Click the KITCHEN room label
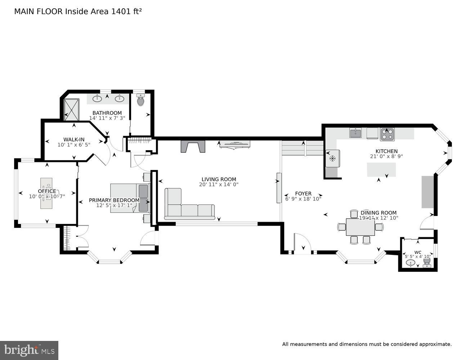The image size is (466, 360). tap(386, 151)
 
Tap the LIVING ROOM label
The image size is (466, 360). tap(219, 179)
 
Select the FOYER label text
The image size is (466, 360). tap(303, 193)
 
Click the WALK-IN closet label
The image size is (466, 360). tap(74, 139)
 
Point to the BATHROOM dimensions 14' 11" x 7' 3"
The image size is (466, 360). tap(107, 118)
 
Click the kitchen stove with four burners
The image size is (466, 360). tap(387, 134)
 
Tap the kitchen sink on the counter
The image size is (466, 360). tap(355, 133)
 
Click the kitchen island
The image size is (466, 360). tap(381, 169)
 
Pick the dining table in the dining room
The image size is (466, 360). tap(360, 227)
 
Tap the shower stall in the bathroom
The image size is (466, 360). tap(71, 109)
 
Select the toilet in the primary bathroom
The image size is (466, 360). tap(140, 100)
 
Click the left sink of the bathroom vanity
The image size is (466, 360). tap(97, 98)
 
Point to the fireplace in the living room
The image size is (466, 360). tap(193, 147)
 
